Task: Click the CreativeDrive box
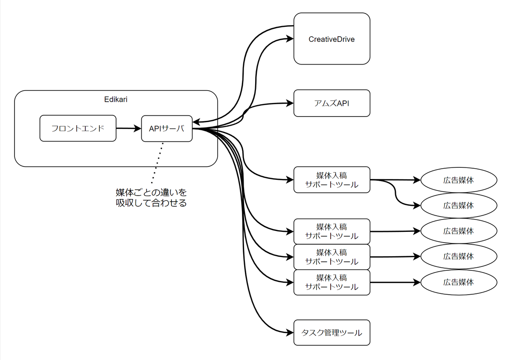[x=332, y=39]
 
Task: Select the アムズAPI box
[x=332, y=103]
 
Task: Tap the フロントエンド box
[x=78, y=128]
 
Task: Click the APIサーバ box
[x=167, y=129]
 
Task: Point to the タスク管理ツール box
[x=332, y=333]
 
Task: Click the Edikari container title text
[x=116, y=100]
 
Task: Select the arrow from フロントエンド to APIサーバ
[x=129, y=128]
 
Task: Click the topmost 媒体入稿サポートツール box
[x=332, y=180]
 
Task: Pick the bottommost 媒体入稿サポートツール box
[x=332, y=282]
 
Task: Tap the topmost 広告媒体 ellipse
[x=459, y=180]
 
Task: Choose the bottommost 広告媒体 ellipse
[x=459, y=282]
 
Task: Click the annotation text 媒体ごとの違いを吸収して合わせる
[x=151, y=198]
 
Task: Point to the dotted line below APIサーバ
[x=157, y=163]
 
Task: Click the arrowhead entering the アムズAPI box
[x=290, y=103]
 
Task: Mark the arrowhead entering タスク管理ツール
[x=290, y=333]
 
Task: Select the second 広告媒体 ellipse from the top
[x=459, y=205]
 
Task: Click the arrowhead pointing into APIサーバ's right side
[x=196, y=122]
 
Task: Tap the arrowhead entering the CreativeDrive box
[x=290, y=39]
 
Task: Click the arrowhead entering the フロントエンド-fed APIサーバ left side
[x=137, y=128]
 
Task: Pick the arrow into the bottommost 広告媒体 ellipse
[x=396, y=282]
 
